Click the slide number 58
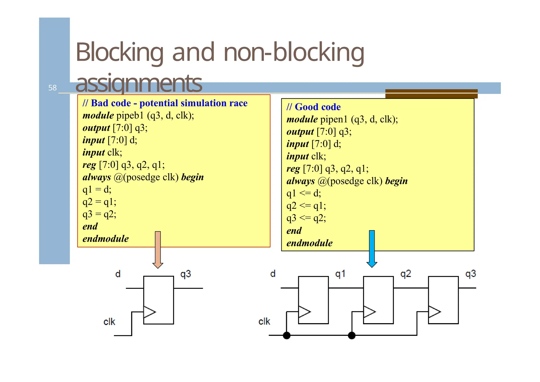(52, 88)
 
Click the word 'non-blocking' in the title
(294, 53)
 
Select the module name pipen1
(334, 120)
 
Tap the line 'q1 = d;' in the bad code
(97, 190)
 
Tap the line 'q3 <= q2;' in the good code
(306, 218)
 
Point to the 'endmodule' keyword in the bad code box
(105, 239)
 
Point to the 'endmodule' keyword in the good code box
(309, 243)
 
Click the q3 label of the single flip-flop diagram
(186, 274)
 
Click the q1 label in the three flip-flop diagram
(340, 274)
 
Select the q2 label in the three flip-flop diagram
(406, 274)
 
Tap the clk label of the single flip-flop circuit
(109, 322)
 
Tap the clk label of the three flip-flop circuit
(264, 322)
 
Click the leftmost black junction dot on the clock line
(287, 336)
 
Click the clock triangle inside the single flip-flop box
(149, 312)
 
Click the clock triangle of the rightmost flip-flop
(434, 312)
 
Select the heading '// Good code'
(314, 107)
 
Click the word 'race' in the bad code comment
(238, 103)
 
